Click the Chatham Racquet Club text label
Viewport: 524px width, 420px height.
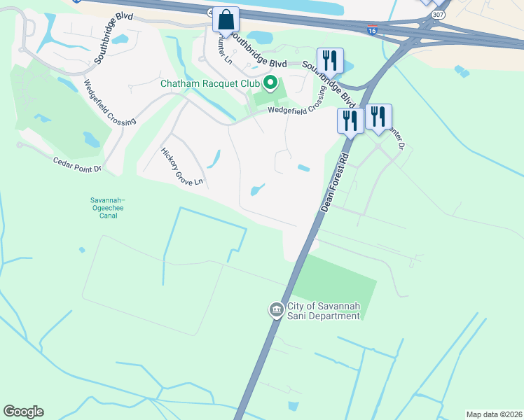tap(211, 83)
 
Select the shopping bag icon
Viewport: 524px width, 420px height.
tap(226, 20)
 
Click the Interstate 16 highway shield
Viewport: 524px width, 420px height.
tap(372, 31)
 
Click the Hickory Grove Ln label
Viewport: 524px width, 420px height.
tap(181, 166)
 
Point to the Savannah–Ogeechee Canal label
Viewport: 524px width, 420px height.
tap(104, 208)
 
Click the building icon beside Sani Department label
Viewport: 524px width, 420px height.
tap(276, 309)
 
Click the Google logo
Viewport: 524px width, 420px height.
tap(23, 412)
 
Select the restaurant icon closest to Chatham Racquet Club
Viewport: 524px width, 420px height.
tap(329, 60)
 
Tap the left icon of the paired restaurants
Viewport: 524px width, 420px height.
tap(350, 120)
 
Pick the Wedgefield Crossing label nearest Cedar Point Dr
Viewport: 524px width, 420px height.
tap(109, 103)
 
